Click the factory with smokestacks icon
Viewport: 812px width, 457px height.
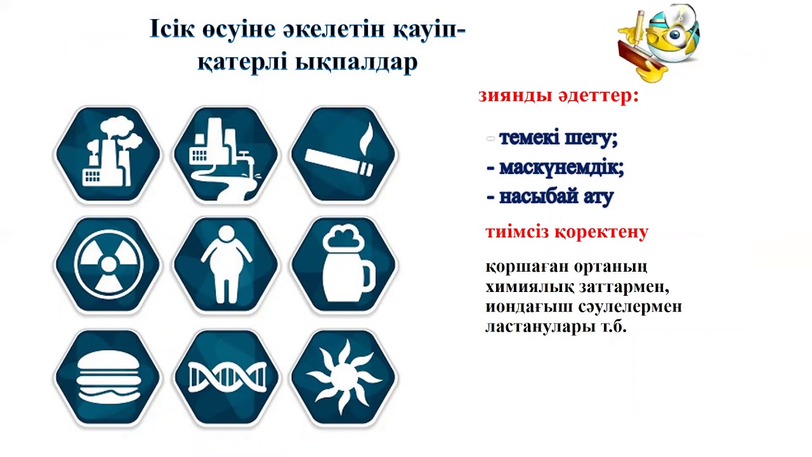(108, 154)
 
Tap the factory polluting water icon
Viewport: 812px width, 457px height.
(226, 154)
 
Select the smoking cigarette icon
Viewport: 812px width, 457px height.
(344, 154)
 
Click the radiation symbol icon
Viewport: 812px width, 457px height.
(108, 265)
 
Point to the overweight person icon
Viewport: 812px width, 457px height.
(226, 265)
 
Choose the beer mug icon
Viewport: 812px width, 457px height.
(344, 265)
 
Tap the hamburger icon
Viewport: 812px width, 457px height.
(108, 377)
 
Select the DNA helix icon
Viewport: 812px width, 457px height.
(226, 377)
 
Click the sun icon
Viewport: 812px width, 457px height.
(344, 377)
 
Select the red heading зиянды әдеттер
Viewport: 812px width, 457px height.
(558, 96)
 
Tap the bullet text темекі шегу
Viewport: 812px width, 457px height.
(558, 138)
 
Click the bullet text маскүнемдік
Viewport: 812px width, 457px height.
(561, 168)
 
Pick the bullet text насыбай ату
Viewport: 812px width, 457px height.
(556, 197)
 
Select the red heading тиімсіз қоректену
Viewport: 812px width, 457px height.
(566, 232)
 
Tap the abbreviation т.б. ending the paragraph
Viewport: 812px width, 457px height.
(613, 328)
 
